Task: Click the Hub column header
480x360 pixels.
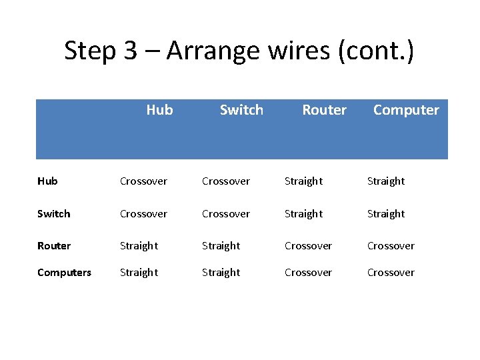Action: [x=159, y=110]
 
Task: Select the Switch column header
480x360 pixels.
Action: [x=241, y=110]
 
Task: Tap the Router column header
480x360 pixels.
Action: [x=324, y=110]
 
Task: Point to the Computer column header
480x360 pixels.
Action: [x=406, y=110]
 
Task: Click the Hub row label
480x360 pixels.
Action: [x=47, y=181]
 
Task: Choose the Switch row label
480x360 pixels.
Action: [x=53, y=214]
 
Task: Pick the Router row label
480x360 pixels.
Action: [x=54, y=246]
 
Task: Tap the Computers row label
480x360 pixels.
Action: [x=64, y=273]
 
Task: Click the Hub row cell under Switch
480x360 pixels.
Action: [x=226, y=181]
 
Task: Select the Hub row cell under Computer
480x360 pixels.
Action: [x=386, y=181]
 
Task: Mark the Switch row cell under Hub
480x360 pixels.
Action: [x=143, y=214]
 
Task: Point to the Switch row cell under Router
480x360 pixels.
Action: [x=303, y=214]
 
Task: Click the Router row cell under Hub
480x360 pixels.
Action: [x=139, y=246]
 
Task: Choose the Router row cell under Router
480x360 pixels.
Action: [x=308, y=246]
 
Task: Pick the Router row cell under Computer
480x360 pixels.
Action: [x=391, y=246]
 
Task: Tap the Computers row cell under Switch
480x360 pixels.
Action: [x=221, y=273]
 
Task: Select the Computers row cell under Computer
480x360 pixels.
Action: [x=391, y=273]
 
